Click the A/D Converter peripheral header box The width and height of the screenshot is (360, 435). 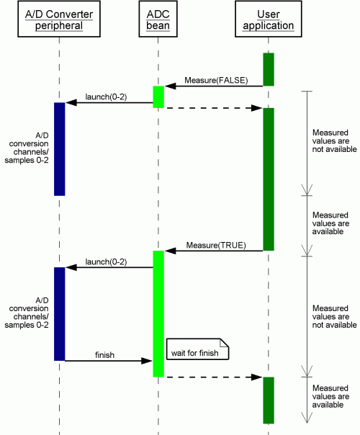(59, 19)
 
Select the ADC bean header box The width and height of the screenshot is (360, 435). (158, 19)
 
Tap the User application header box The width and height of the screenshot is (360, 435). (268, 19)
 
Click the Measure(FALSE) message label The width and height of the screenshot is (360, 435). (216, 80)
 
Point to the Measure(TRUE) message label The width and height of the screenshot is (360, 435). (216, 246)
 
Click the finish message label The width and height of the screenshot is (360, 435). (104, 355)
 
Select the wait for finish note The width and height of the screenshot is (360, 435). (197, 349)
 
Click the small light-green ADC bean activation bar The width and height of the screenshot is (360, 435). (158, 97)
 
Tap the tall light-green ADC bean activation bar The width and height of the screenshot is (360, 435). (158, 314)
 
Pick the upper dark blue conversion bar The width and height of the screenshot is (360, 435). (59, 149)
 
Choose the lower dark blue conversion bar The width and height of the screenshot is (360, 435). (59, 314)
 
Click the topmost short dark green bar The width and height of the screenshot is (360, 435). (269, 69)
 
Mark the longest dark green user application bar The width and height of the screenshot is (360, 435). (269, 179)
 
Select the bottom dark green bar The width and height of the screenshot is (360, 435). (269, 400)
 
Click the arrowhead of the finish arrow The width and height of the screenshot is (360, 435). (147, 361)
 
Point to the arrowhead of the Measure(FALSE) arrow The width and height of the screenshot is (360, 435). (171, 86)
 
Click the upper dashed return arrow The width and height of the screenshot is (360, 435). (214, 108)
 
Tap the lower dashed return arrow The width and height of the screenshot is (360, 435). (214, 377)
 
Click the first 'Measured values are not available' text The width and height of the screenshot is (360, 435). (334, 141)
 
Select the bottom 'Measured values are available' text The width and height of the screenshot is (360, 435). (330, 396)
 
